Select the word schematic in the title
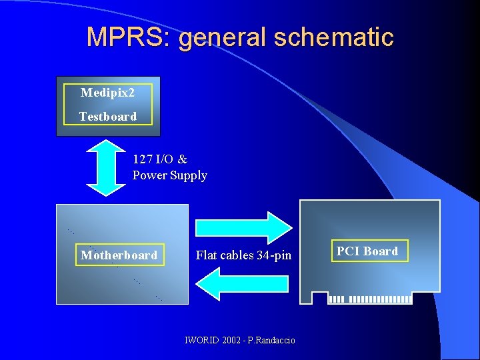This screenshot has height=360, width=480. (x=339, y=37)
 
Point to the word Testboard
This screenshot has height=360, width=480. (x=107, y=117)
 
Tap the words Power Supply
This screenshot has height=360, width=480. (x=170, y=176)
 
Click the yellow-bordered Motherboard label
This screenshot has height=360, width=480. (x=119, y=255)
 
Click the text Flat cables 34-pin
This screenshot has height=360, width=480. (x=243, y=255)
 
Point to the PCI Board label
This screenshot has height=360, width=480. (x=367, y=251)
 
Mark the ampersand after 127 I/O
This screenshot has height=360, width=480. (x=183, y=159)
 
